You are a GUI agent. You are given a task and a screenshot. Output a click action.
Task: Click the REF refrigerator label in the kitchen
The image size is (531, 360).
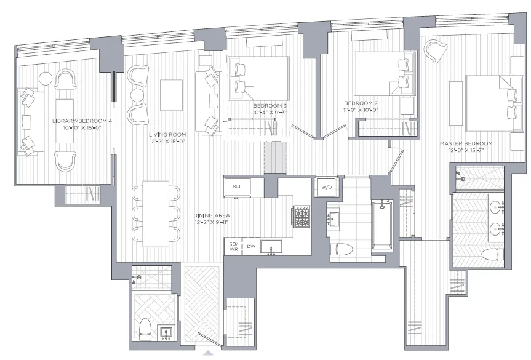click(236, 186)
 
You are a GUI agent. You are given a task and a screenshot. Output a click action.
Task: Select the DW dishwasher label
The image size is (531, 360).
click(251, 246)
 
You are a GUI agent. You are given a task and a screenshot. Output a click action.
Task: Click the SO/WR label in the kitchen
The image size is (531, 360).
click(233, 246)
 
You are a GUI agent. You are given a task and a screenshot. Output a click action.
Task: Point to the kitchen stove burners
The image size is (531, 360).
click(301, 216)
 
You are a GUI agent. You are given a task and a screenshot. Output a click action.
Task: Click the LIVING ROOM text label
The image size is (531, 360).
click(167, 137)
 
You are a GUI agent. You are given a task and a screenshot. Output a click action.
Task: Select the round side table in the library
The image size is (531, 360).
click(46, 79)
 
